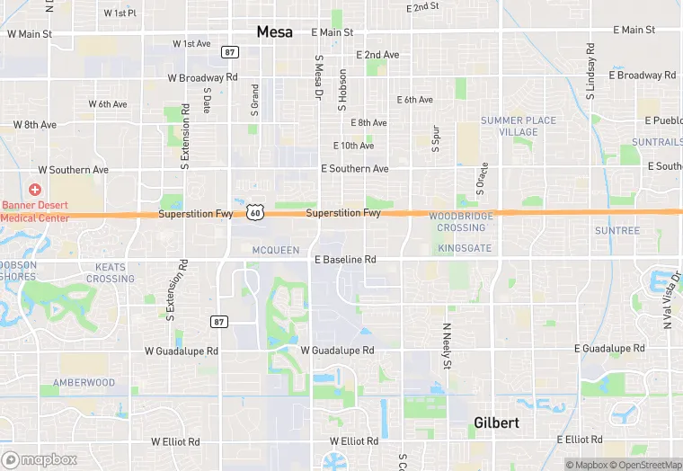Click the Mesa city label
[x=274, y=31]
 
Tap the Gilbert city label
[x=497, y=422]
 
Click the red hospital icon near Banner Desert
[x=35, y=190]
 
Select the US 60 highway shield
[x=256, y=212]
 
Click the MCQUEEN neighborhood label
[x=276, y=250]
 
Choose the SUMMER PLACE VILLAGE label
[x=519, y=126]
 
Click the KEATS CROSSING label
[x=111, y=273]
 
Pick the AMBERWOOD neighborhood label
[x=84, y=383]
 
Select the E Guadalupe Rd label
[x=609, y=348]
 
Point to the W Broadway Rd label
[x=202, y=77]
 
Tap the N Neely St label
[x=445, y=346]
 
